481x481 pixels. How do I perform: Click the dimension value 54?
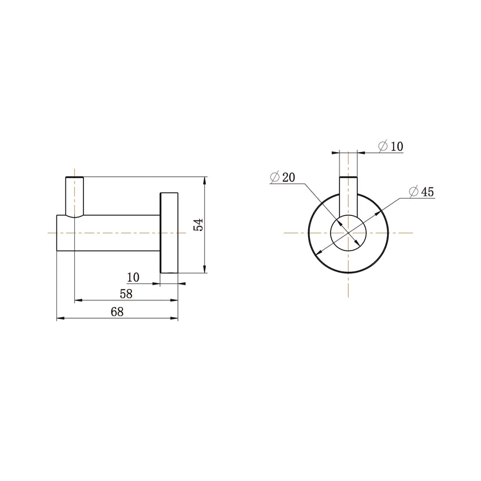198,225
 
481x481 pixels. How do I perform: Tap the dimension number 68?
117,312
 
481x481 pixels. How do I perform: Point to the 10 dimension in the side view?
133,277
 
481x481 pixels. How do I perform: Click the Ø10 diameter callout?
391,147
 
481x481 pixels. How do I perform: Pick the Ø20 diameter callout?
282,178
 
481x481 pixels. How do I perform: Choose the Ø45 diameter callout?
422,192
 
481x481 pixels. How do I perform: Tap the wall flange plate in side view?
169,233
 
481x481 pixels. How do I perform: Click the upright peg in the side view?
74,196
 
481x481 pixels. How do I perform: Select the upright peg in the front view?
348,193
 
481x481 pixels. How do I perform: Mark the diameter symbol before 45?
414,192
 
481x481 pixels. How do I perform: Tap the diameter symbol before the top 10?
383,147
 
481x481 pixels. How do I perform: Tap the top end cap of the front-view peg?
348,178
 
